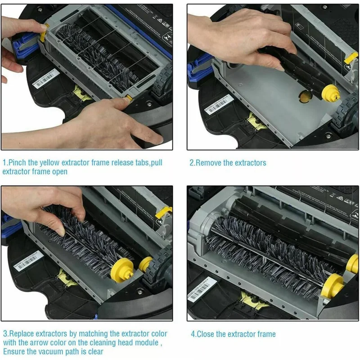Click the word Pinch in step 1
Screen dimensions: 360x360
point(17,162)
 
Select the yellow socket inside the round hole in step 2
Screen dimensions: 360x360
point(305,95)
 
